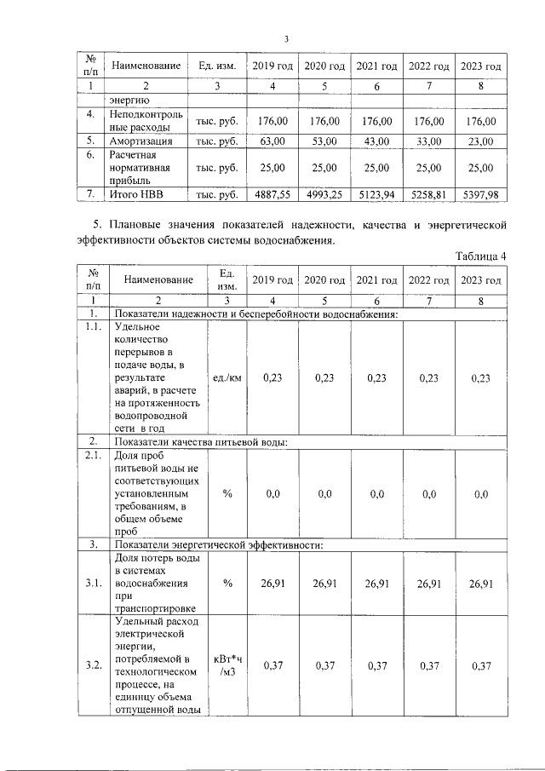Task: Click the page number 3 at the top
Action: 287,39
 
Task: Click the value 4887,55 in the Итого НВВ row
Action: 272,195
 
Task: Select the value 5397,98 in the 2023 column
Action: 480,195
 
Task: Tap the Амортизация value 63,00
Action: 272,141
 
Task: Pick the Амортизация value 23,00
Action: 480,141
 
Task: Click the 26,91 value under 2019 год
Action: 272,584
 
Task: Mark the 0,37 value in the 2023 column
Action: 480,665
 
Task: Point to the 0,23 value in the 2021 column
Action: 376,377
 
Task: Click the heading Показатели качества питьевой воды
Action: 201,441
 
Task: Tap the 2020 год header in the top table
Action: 324,66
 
